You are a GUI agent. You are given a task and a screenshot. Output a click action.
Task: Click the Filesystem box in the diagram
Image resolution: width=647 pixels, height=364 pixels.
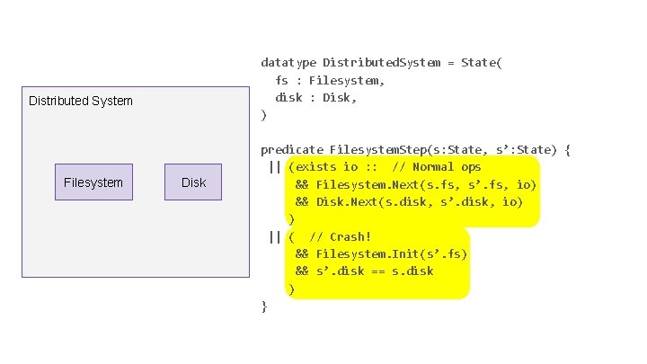pyautogui.click(x=93, y=182)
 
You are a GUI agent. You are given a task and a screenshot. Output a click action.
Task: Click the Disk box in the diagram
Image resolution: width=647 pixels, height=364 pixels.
pyautogui.click(x=193, y=182)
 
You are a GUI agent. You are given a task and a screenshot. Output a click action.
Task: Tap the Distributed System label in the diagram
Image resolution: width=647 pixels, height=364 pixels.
pyautogui.click(x=80, y=101)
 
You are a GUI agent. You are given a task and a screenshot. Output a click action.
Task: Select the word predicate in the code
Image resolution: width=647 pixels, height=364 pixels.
pyautogui.click(x=291, y=149)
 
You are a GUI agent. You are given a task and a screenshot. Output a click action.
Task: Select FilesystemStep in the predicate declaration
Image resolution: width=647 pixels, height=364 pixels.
pyautogui.click(x=378, y=149)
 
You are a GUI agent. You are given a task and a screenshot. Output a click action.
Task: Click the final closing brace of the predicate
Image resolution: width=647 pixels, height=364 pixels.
pyautogui.click(x=263, y=306)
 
